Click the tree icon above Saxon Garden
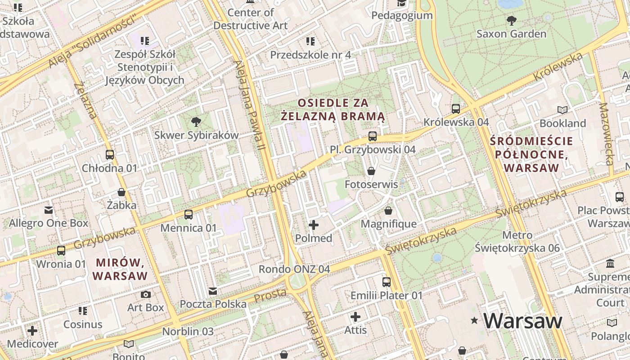click(511, 20)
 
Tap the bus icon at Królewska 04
click(456, 108)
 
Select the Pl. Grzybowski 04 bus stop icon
click(373, 136)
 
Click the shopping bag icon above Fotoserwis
click(371, 171)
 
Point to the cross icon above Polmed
click(314, 225)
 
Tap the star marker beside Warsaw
click(474, 321)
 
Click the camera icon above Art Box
click(146, 294)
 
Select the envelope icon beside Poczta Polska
click(213, 291)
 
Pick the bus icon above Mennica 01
click(189, 214)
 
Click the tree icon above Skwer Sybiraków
click(196, 121)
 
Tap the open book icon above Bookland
click(562, 110)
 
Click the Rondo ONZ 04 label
click(294, 269)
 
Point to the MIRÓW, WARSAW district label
click(120, 269)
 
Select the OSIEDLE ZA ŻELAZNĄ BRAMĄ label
click(333, 110)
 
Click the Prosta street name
click(270, 295)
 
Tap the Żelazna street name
click(85, 100)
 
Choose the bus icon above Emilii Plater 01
click(387, 282)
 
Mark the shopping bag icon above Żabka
click(121, 192)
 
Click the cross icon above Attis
click(355, 317)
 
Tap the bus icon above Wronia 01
click(61, 251)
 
